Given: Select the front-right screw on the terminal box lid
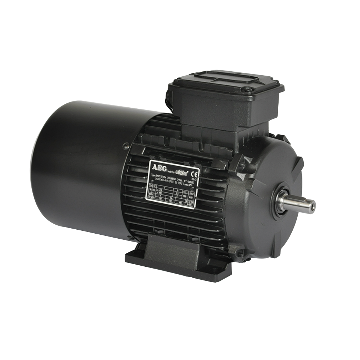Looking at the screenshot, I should (248, 89).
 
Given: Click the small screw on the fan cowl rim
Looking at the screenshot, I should (126, 146).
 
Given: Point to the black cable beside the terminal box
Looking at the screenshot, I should (169, 99).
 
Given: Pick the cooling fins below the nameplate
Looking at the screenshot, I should (173, 223).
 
